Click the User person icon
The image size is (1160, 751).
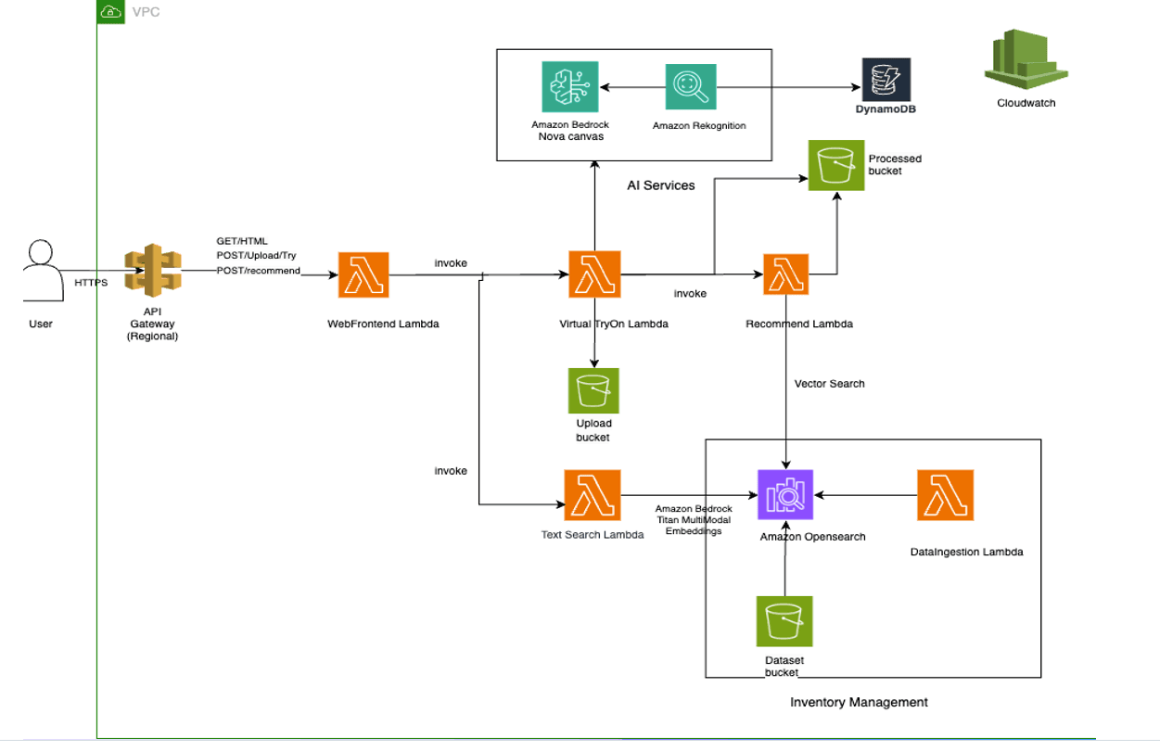point(40,271)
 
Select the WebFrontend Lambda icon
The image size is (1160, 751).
point(363,275)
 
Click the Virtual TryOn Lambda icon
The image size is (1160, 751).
point(594,275)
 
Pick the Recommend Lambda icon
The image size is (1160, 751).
point(785,274)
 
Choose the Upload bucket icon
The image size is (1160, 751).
point(593,391)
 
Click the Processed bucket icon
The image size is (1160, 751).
point(835,166)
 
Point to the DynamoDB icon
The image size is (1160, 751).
point(886,80)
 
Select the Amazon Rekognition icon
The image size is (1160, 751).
point(690,88)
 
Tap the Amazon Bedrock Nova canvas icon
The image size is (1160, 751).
point(569,88)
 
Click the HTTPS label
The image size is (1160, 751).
point(91,282)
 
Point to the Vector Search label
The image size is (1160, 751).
point(829,384)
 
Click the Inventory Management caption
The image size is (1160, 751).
point(859,702)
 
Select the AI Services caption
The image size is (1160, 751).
point(660,185)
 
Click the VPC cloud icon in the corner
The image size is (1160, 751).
point(110,12)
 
